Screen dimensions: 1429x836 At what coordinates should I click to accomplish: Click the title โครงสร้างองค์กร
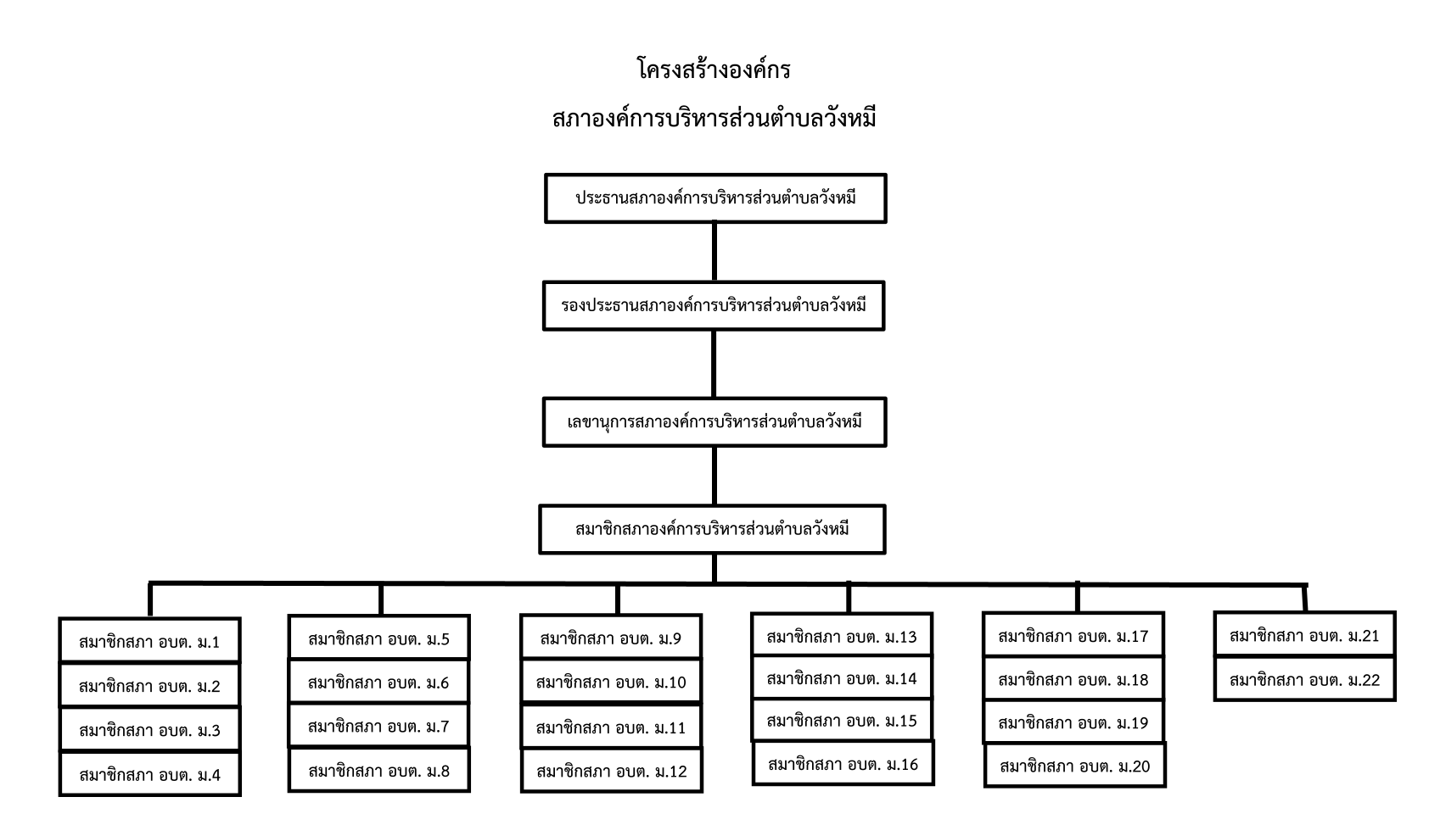[714, 69]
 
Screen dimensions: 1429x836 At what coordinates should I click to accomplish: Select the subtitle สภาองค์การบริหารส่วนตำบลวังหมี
[714, 119]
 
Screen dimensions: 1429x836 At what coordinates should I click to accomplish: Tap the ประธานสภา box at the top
[715, 198]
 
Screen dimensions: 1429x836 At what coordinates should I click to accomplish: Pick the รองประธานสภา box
[714, 306]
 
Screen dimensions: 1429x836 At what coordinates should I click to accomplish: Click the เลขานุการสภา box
[714, 422]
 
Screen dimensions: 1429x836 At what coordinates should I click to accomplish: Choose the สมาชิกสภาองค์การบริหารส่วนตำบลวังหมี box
[713, 530]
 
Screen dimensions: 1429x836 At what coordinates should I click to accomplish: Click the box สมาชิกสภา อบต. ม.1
[150, 641]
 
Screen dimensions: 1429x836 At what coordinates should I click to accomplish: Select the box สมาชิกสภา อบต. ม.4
[150, 774]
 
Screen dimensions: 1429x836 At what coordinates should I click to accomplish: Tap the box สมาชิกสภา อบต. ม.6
[379, 683]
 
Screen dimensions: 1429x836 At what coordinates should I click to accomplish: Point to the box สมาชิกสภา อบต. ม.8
[379, 771]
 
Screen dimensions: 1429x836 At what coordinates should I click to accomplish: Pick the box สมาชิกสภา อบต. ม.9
[611, 638]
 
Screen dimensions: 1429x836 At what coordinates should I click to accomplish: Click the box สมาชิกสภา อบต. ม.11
[611, 727]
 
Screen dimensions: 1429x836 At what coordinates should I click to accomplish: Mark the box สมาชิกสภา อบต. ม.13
[842, 636]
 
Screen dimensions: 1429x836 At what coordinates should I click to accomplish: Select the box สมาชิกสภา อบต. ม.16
[843, 763]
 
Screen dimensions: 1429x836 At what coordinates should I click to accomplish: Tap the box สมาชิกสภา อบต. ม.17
[1073, 635]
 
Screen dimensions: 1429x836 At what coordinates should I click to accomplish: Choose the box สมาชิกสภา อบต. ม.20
[1075, 766]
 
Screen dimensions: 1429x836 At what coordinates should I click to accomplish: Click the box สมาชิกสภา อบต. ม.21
[1304, 635]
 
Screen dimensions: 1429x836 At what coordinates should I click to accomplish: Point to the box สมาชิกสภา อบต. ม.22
[1304, 679]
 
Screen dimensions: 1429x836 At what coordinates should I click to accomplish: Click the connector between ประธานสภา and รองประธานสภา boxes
[714, 252]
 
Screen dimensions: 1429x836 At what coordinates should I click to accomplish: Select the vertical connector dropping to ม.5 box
[381, 599]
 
